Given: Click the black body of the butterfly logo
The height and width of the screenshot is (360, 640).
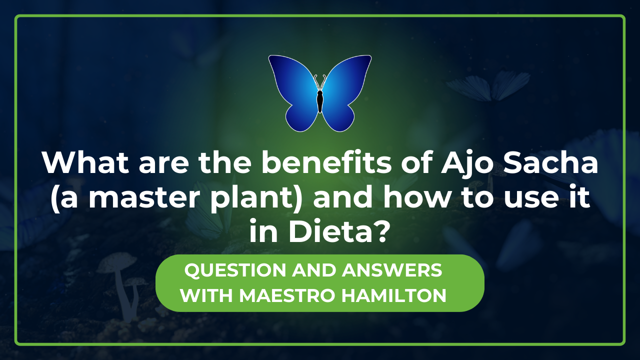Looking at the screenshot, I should point(320,100).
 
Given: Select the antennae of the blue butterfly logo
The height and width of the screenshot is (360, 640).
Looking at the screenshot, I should point(320,81).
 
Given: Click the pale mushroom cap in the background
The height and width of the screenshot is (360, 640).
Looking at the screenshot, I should point(116,262).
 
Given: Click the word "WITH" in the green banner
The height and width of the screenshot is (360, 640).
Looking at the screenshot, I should point(206,295).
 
